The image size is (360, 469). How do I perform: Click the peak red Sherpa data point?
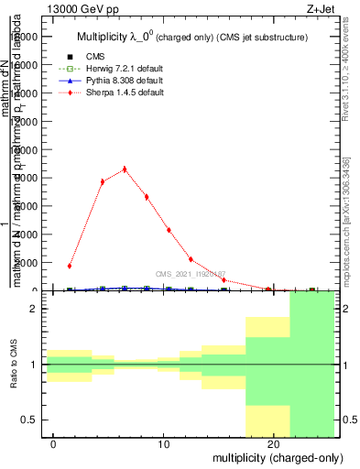point(125,169)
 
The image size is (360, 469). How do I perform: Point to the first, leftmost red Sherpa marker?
point(70,266)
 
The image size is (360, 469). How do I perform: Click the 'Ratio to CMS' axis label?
point(15,365)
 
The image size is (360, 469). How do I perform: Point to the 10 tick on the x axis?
point(163,444)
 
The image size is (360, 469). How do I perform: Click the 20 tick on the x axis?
point(273,444)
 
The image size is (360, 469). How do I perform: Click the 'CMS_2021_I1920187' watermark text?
point(191,274)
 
